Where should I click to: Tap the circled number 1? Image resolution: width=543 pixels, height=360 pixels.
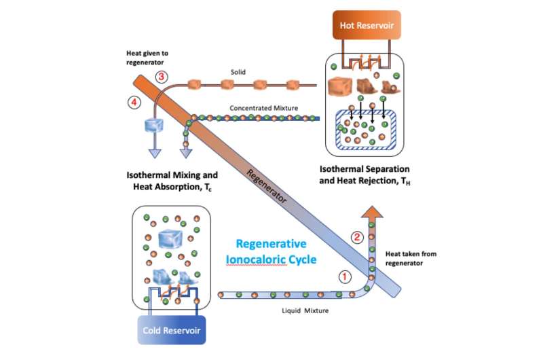345,277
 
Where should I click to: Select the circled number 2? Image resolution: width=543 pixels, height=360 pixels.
358,237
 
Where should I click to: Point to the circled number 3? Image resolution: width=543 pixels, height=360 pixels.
162,76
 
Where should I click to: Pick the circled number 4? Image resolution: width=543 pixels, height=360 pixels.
134,103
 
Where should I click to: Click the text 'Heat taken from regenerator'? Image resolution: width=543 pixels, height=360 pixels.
411,257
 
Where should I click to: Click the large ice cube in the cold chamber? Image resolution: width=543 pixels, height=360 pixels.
172,238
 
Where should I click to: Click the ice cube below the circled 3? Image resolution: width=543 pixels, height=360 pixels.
155,124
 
